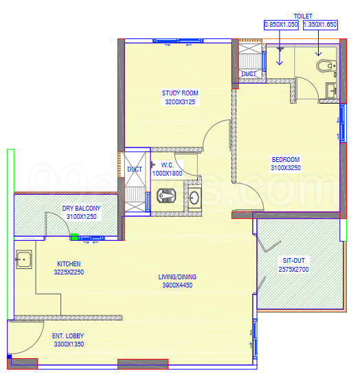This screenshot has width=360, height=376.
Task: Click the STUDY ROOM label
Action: coord(180,93)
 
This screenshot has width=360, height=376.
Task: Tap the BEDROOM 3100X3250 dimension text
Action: coord(286,168)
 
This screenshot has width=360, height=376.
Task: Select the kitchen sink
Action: coord(24,259)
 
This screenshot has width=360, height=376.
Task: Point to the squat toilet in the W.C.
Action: coord(166,196)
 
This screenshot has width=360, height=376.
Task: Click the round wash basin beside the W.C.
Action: coord(194,198)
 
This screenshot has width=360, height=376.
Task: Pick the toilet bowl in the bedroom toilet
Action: coord(326,66)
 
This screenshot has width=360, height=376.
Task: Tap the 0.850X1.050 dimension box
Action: coord(281,25)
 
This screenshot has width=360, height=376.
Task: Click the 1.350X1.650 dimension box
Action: coord(320,25)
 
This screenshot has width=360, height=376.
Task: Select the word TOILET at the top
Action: coord(303,16)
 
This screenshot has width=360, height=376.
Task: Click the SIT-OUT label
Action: coord(294,261)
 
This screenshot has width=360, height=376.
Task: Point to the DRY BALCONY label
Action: coord(81,208)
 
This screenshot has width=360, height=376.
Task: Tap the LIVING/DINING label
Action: coord(177,277)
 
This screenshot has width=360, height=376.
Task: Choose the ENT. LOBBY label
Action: coord(68,336)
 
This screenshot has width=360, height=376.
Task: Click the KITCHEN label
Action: coord(69,263)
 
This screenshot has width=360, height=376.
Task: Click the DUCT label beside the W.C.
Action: coord(135,169)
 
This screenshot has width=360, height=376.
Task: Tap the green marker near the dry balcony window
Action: coord(74,237)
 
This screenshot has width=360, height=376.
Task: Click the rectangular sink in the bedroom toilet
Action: coord(331,91)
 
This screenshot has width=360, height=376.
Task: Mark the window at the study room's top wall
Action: coord(178,40)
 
